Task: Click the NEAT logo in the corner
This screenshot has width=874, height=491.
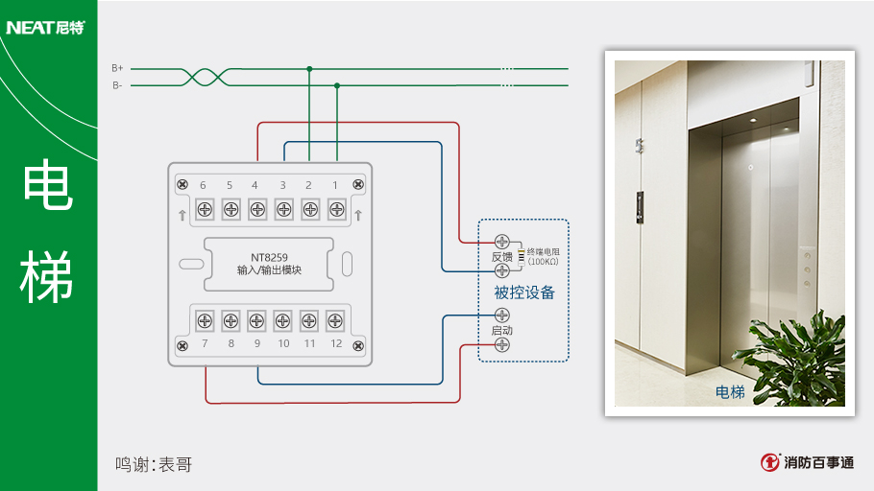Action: tap(45, 27)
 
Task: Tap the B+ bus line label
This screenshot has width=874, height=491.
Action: tap(117, 68)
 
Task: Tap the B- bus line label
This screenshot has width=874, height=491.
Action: tap(117, 85)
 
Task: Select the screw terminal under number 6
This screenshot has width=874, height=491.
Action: tap(205, 208)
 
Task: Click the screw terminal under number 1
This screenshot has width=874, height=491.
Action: tap(336, 208)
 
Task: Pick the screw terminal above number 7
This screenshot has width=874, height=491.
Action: tap(205, 320)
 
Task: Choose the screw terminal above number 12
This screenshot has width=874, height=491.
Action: tap(335, 320)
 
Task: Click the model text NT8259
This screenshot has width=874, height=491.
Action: tap(269, 257)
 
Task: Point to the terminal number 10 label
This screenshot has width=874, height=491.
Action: tap(283, 343)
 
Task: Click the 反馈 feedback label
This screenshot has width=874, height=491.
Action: tap(501, 257)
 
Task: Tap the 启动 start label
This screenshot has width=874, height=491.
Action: tap(501, 330)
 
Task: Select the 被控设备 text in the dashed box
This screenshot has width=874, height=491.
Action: tap(524, 292)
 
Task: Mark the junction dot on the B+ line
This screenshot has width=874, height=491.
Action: tap(309, 69)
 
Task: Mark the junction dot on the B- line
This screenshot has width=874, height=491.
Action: tap(337, 85)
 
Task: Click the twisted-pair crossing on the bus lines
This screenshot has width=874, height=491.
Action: tap(205, 77)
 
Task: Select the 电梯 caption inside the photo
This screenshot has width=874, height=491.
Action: tap(730, 391)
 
